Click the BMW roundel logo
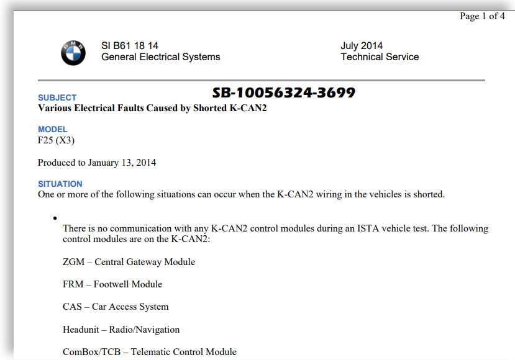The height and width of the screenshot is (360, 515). point(73,52)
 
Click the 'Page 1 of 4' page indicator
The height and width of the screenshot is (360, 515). point(482,16)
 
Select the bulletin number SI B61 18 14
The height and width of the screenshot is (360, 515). point(130,46)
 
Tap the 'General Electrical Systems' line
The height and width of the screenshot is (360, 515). point(160,57)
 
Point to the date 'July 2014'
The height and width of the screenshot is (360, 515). point(362,46)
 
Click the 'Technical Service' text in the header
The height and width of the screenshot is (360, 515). point(380,57)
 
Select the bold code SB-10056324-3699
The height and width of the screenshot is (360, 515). point(284,93)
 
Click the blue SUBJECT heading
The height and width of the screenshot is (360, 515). point(57,97)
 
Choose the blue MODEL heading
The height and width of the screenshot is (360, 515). point(53,129)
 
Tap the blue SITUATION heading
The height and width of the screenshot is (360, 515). point(60,184)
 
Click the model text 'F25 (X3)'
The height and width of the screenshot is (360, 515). point(57,140)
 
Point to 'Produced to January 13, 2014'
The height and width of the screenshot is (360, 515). point(97,163)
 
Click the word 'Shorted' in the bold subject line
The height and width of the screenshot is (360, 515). point(210,108)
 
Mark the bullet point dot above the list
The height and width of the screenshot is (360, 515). point(55,218)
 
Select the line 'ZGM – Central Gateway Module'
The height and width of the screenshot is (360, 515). point(129,262)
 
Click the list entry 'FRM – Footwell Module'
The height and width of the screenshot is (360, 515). point(112,284)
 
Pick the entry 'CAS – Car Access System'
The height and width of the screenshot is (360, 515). point(116,307)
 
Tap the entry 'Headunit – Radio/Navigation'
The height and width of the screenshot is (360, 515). point(121,330)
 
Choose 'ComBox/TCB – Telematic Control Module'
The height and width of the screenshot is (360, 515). point(150,352)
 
